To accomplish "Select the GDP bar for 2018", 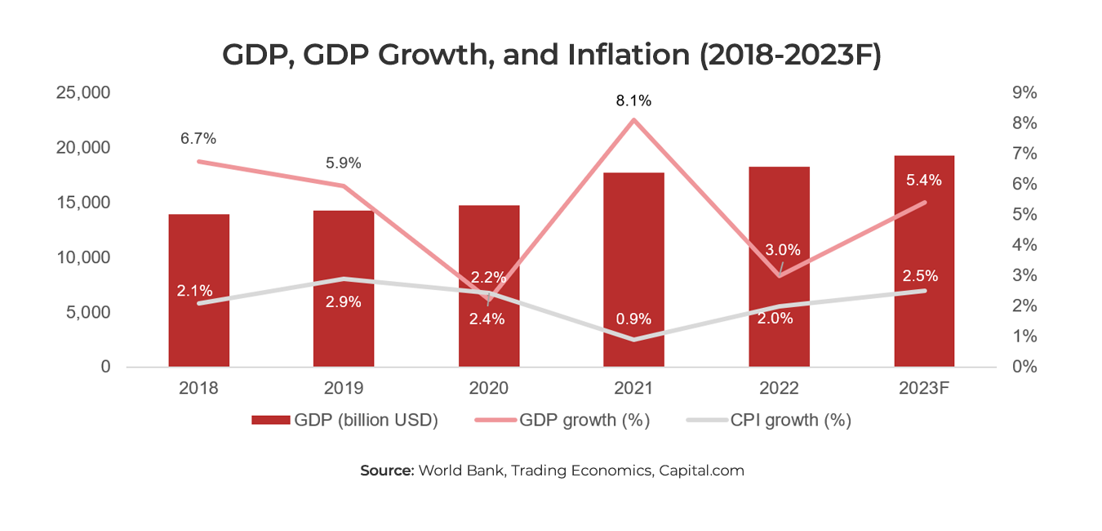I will pyautogui.click(x=198, y=327).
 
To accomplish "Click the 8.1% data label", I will pyautogui.click(x=633, y=101).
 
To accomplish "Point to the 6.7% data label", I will pyautogui.click(x=198, y=139).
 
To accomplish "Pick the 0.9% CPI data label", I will pyautogui.click(x=633, y=317).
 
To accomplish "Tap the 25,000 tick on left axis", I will pyautogui.click(x=82, y=93).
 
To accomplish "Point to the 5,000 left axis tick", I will pyautogui.click(x=87, y=313).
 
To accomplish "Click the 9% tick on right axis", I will pyautogui.click(x=1024, y=93).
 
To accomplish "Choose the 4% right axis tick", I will pyautogui.click(x=1024, y=245).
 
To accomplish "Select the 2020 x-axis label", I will pyautogui.click(x=489, y=388).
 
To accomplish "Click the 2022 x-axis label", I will pyautogui.click(x=779, y=388).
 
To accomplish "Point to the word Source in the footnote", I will pyautogui.click(x=387, y=471).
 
